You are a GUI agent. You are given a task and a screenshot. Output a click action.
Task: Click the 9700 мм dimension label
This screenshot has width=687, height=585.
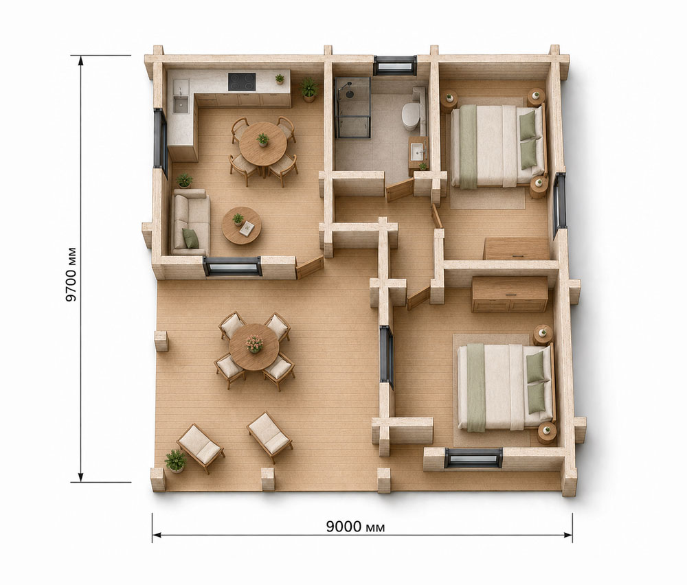pos(71,275)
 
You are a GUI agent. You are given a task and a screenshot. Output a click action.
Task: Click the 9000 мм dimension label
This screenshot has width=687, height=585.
pos(355,527)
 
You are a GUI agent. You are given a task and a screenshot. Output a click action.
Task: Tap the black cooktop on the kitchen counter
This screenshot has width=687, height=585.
pos(242,82)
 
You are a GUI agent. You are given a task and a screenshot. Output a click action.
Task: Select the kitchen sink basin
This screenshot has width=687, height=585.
pos(180,104)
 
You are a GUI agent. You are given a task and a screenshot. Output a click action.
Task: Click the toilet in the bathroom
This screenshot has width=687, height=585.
pos(411,115)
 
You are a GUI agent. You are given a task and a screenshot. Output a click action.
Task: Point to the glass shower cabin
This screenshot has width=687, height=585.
pos(352,108)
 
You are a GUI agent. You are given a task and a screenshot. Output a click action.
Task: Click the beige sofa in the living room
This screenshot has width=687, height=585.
pos(191,222)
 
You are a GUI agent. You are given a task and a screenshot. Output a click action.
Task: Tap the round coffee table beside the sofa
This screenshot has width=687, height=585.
pos(241,225)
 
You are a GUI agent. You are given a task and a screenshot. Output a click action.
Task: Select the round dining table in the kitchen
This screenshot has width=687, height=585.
pos(263,144)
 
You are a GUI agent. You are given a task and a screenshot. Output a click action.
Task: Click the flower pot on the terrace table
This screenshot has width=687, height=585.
pos(254,344)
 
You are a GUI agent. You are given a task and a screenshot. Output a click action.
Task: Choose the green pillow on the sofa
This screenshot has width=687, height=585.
pos(190,238)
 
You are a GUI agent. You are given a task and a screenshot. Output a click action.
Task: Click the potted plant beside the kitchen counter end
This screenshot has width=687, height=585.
pos(309,89)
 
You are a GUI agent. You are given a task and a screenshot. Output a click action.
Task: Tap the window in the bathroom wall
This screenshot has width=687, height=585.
pos(395,65)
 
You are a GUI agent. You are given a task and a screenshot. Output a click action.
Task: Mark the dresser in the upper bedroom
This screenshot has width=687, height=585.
pos(516,249)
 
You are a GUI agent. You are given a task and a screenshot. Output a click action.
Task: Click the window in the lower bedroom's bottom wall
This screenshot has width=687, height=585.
pos(473,458)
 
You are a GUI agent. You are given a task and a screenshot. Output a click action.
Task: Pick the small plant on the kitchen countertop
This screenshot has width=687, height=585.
pos(280,79)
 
